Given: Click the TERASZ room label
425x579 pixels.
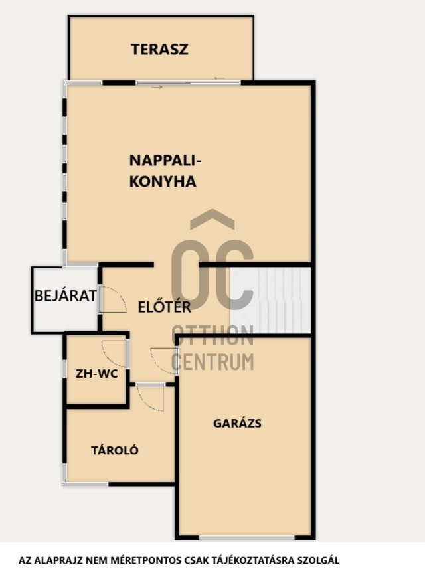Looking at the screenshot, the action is [x=159, y=50].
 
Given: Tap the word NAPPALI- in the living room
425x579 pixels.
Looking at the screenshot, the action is [x=165, y=161].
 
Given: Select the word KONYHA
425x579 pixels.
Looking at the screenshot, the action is [x=163, y=181].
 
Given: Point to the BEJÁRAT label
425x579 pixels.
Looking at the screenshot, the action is [x=65, y=295].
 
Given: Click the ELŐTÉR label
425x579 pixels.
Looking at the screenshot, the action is [x=164, y=307].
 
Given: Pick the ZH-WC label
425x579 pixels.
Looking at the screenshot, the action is [x=96, y=374].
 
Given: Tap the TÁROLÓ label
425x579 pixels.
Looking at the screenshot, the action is [x=114, y=450].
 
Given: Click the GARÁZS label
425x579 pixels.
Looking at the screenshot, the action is [x=237, y=423].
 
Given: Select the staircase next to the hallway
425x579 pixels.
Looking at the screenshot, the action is [x=270, y=300].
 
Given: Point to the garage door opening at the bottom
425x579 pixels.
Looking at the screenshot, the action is [x=246, y=538].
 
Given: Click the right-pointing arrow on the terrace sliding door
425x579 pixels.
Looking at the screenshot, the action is [x=157, y=87].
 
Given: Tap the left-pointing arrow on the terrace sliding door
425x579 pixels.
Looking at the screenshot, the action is [x=219, y=78].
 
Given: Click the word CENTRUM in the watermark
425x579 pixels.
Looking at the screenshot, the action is [x=212, y=362].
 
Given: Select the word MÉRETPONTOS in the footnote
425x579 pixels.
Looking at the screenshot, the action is [x=155, y=560].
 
